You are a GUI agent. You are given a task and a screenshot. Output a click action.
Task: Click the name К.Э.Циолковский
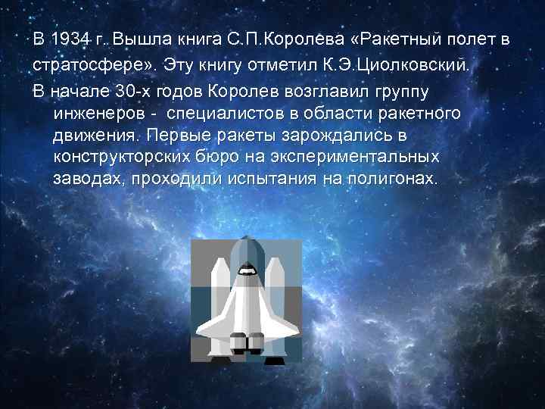pos(399,64)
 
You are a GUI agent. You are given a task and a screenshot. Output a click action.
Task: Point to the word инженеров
pos(96,113)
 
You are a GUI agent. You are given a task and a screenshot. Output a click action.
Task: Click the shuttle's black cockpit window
pos(246,268)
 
